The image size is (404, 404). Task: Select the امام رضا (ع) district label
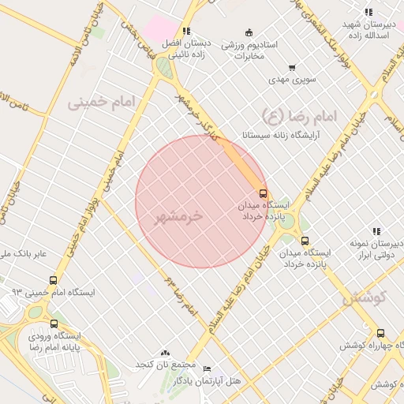[298, 116]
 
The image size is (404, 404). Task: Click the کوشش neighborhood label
[364, 297]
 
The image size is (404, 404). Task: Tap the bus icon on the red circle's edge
[263, 193]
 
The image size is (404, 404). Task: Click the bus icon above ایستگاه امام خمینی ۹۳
[54, 280]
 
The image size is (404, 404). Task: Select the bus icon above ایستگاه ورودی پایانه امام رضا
[54, 324]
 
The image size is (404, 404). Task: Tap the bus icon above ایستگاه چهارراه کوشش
[381, 334]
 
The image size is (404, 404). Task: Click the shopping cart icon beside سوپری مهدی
[293, 68]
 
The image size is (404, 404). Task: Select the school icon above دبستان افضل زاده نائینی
[186, 31]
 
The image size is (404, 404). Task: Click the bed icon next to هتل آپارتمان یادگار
[207, 368]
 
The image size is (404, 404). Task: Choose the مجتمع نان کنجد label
[165, 365]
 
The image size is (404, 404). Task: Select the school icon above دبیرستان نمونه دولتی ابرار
[376, 231]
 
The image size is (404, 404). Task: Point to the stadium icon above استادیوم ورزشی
[249, 32]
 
